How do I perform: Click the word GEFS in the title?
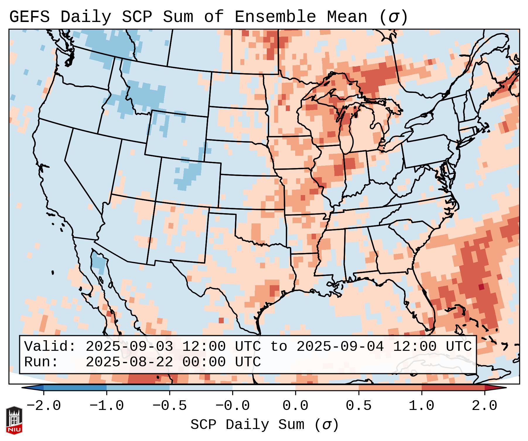point(29,17)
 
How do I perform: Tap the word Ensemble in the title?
point(275,17)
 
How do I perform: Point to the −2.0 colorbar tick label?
point(44,406)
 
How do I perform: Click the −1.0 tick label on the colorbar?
point(107,406)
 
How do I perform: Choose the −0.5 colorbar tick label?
point(170,406)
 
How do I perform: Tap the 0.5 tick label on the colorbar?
point(359,406)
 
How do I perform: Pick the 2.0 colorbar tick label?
point(485,406)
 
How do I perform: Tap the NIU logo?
point(14,421)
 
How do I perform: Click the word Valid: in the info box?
point(50,347)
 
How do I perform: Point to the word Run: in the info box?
point(41,362)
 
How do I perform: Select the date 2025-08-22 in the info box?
point(129,362)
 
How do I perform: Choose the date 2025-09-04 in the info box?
point(340,347)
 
